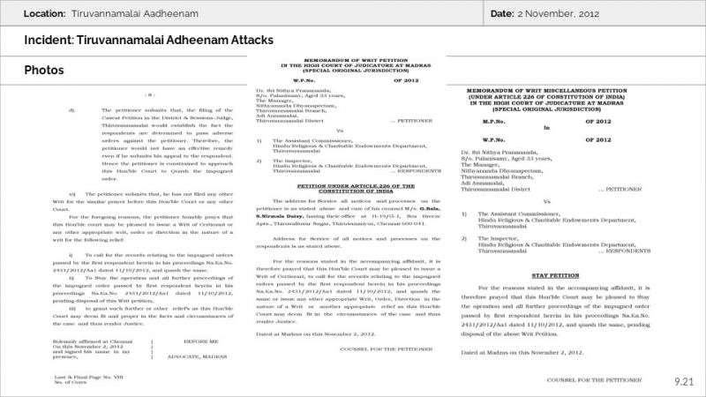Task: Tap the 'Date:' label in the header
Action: coord(501,15)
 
